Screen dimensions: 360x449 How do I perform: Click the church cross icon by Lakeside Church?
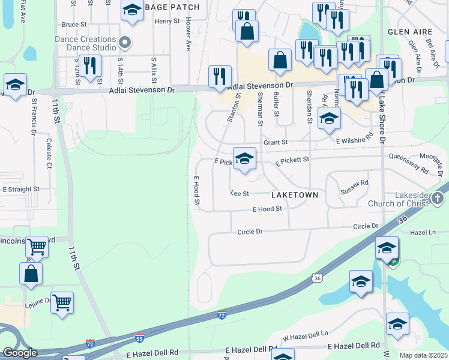tap(439, 198)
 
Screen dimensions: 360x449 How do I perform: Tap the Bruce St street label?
tap(74, 25)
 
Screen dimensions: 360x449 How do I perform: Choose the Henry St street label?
tap(167, 21)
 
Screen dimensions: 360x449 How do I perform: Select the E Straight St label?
tap(21, 188)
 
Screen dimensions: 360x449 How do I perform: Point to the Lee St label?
tap(240, 193)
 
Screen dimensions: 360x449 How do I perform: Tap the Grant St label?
tap(276, 142)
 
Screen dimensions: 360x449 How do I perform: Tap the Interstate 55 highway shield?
tap(139, 338)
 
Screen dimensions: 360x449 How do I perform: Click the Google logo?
tap(20, 353)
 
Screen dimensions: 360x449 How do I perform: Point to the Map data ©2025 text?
tap(423, 355)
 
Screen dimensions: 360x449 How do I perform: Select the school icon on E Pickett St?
tap(244, 158)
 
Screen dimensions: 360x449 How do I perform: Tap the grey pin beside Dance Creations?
tap(125, 42)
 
